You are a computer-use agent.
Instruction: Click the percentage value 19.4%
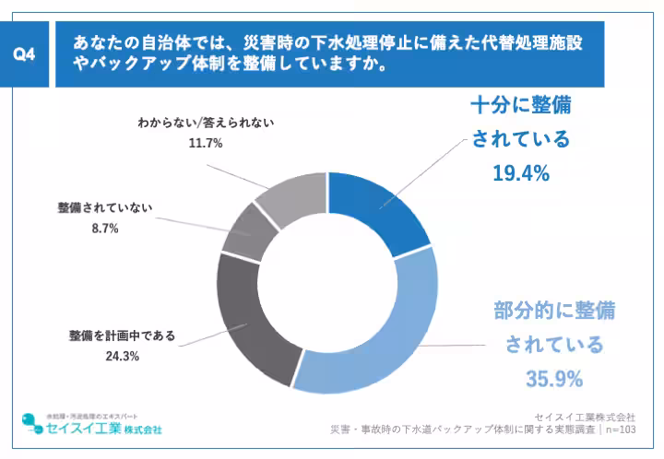pos(521,172)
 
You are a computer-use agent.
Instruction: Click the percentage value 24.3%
pos(121,356)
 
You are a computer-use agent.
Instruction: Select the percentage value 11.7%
pos(206,143)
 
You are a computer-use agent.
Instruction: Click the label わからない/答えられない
pos(206,122)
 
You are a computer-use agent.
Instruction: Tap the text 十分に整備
pos(521,104)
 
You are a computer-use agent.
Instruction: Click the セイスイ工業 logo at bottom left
pos(91,426)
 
